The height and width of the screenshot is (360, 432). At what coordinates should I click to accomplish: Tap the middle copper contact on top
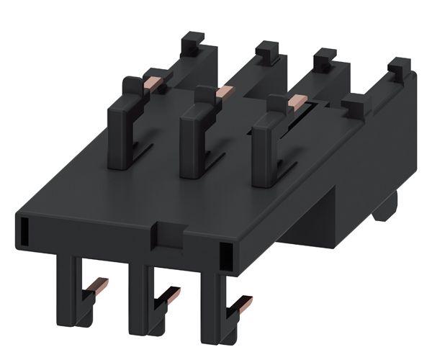tap(225, 91)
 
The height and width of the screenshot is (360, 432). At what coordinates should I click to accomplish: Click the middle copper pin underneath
tap(170, 292)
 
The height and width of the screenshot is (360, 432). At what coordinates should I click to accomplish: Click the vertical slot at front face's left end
tap(24, 232)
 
